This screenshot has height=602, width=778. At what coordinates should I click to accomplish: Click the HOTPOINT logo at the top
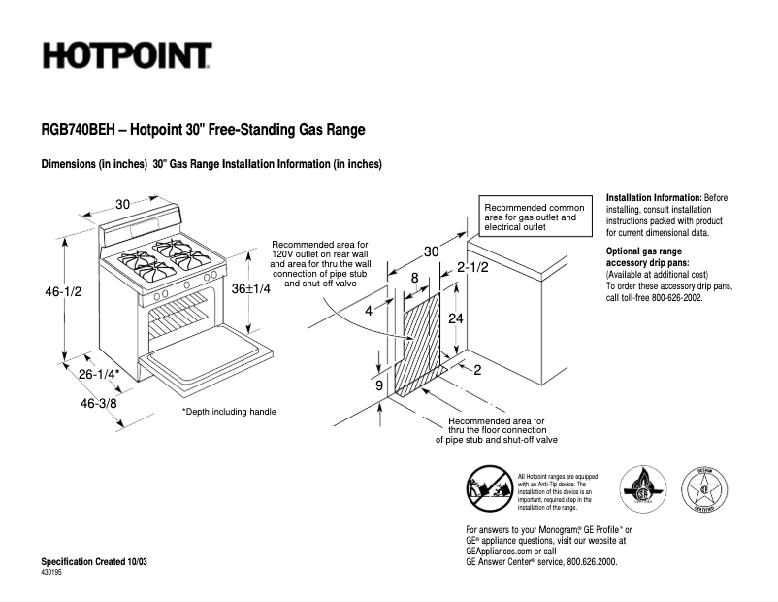125,55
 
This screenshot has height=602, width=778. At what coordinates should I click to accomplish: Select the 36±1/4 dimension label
248,288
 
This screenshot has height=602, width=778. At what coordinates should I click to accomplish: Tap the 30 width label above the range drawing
123,204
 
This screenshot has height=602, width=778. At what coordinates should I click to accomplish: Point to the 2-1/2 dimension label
471,267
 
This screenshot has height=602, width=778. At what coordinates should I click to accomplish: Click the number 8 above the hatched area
414,279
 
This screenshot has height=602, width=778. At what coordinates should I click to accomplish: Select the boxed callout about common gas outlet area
535,219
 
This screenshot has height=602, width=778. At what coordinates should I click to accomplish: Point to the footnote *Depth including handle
229,412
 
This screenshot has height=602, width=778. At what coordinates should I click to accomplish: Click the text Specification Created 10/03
94,562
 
